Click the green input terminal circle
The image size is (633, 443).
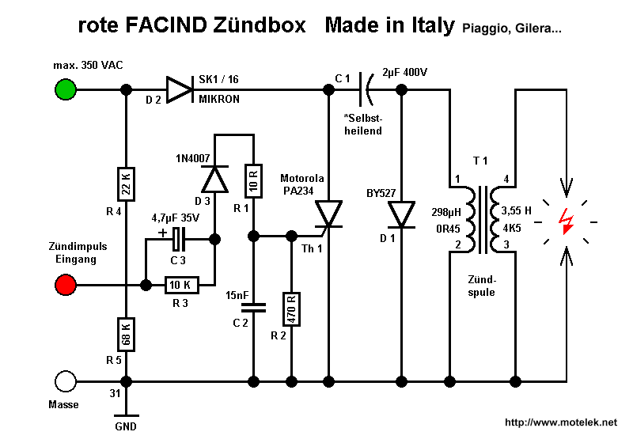click(x=66, y=89)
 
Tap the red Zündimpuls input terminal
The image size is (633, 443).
click(x=66, y=285)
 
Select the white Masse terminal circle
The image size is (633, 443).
click(x=66, y=381)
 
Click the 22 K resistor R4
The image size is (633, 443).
click(x=126, y=184)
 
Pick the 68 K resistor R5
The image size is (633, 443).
click(x=126, y=335)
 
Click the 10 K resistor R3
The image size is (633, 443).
click(x=182, y=285)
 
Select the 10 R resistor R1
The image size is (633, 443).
click(x=253, y=180)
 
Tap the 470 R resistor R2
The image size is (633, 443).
click(x=291, y=309)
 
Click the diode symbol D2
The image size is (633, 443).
click(x=180, y=89)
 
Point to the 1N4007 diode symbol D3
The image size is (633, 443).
click(x=214, y=179)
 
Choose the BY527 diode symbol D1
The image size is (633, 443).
click(x=401, y=214)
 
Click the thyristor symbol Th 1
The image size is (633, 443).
click(x=328, y=214)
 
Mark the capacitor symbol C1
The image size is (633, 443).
click(x=366, y=89)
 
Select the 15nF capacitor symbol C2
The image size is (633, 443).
click(x=253, y=308)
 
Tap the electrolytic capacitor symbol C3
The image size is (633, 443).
click(x=176, y=239)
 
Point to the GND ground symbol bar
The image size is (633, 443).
click(x=126, y=415)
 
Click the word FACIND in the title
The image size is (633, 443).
click(x=166, y=25)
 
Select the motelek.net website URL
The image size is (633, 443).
click(x=561, y=422)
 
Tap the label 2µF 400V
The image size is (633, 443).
click(x=404, y=73)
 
